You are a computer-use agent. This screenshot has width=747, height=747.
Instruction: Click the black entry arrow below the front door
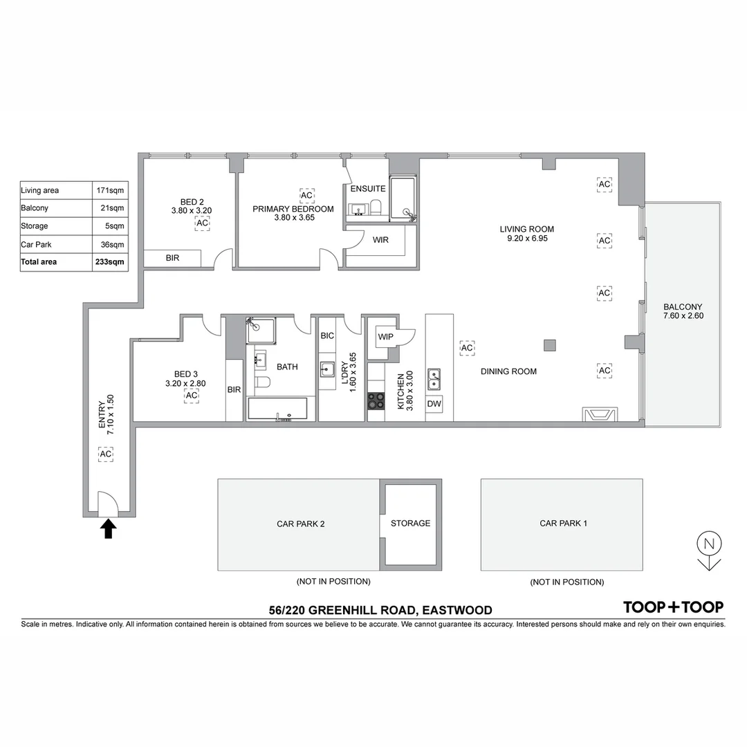point(109,529)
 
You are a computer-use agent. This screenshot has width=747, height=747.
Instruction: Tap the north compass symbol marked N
point(709,544)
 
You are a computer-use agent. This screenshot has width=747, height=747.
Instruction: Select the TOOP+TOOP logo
point(673,607)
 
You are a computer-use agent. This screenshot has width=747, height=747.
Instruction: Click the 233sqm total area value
point(111,262)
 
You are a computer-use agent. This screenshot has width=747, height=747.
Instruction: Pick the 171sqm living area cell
point(111,190)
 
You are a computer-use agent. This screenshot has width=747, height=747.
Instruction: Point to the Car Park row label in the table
point(36,244)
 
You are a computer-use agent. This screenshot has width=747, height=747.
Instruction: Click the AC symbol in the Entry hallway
point(106,454)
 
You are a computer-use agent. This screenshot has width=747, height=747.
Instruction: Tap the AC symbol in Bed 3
point(191,395)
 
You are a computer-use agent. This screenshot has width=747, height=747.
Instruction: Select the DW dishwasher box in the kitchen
point(434,404)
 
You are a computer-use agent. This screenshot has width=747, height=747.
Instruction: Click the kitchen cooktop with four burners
point(376,400)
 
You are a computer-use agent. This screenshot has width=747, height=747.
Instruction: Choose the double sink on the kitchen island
point(434,379)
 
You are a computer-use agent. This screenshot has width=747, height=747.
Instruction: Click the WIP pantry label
point(385,337)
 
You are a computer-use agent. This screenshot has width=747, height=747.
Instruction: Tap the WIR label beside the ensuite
point(380,241)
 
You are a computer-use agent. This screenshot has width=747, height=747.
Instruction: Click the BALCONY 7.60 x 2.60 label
point(682,311)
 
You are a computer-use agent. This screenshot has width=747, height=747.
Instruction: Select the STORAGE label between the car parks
point(410,524)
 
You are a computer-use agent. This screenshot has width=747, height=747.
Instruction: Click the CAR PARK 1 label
point(563,524)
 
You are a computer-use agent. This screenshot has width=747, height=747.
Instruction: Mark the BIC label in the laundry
point(327,335)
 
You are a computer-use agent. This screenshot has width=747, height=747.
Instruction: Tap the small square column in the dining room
point(549,345)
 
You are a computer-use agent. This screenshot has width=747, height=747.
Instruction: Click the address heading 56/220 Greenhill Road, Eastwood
point(380,610)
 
